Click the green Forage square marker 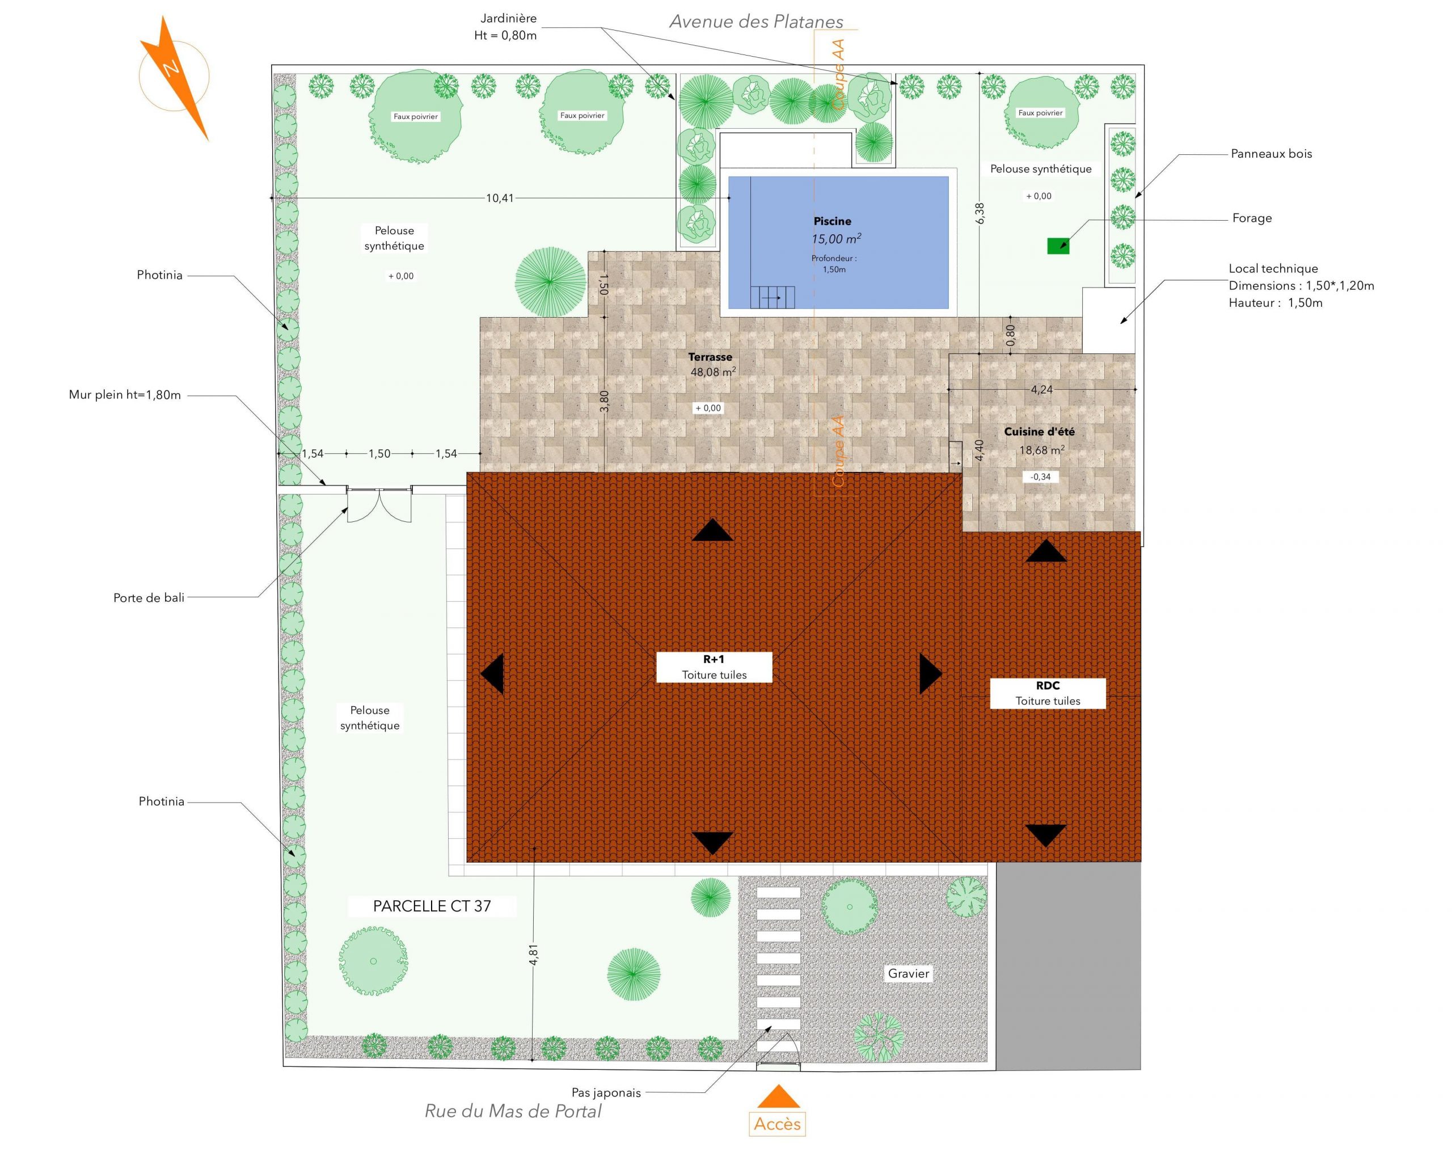pyautogui.click(x=1058, y=246)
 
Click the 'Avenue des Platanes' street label pyautogui.click(x=755, y=22)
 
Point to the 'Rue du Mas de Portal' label pyautogui.click(x=513, y=1111)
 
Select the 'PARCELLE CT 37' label pyautogui.click(x=432, y=906)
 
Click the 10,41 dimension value pyautogui.click(x=500, y=198)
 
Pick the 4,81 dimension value pyautogui.click(x=533, y=955)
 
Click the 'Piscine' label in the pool pyautogui.click(x=833, y=221)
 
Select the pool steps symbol pyautogui.click(x=773, y=297)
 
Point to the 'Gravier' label pyautogui.click(x=908, y=973)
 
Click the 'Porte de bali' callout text pyautogui.click(x=149, y=598)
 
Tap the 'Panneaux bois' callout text pyautogui.click(x=1272, y=154)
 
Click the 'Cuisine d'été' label pyautogui.click(x=1039, y=432)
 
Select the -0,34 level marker pyautogui.click(x=1041, y=476)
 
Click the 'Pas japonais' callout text pyautogui.click(x=606, y=1092)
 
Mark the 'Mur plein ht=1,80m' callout pyautogui.click(x=125, y=395)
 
